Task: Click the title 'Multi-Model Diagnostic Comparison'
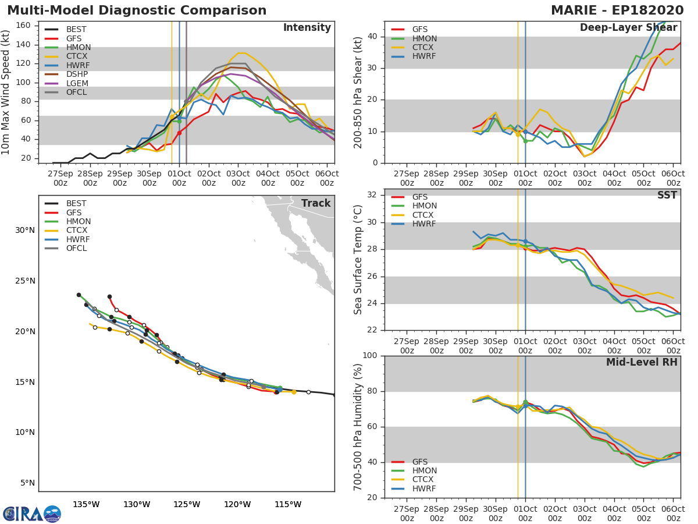pos(137,10)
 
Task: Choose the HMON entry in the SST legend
pos(424,206)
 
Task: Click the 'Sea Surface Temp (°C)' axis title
pos(358,259)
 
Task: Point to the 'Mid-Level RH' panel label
pos(642,362)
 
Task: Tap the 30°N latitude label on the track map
pos(25,230)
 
